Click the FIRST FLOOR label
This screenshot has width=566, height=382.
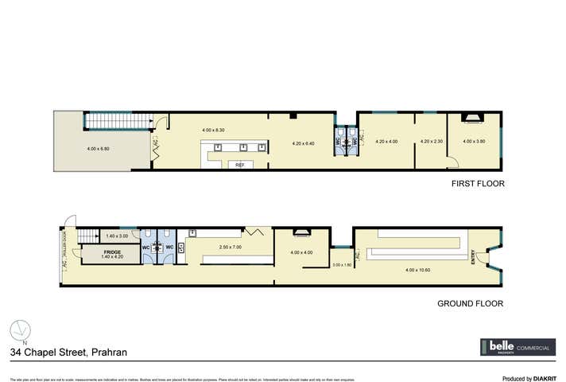click(x=478, y=183)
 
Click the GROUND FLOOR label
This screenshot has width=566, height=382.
click(x=471, y=303)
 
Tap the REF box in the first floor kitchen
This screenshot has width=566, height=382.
click(x=239, y=165)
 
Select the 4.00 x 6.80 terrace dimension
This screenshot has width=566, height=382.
click(x=98, y=148)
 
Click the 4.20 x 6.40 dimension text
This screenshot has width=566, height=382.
click(x=304, y=143)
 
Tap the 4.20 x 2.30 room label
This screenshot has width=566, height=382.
click(x=431, y=142)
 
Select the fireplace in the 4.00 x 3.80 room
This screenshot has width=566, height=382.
click(x=473, y=119)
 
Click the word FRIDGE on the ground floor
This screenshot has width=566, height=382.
click(x=110, y=252)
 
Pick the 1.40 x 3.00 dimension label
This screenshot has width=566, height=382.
click(x=117, y=236)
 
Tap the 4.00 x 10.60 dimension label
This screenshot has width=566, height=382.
click(x=417, y=270)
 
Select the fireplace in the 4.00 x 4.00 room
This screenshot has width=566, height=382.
click(x=303, y=233)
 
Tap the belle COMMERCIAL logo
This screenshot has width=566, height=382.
click(x=516, y=348)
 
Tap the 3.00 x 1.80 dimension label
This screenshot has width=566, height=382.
click(x=342, y=264)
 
